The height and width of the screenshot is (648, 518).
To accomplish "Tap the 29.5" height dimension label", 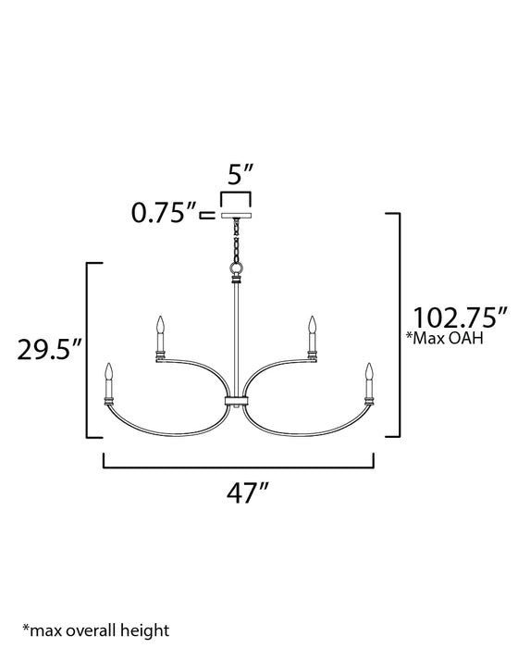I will point(51,351).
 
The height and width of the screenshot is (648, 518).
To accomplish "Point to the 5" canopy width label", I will point(236,174).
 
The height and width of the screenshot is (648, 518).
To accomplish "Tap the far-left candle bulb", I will point(109,373).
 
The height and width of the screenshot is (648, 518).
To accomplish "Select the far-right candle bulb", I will point(368,373).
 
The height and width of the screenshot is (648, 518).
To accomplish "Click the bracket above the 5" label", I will point(236,195).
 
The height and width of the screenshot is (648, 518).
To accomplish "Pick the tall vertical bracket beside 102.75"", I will point(398,324).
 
